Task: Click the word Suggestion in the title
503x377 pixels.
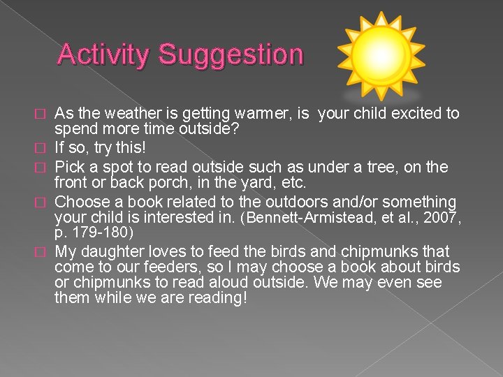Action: click(x=231, y=54)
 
